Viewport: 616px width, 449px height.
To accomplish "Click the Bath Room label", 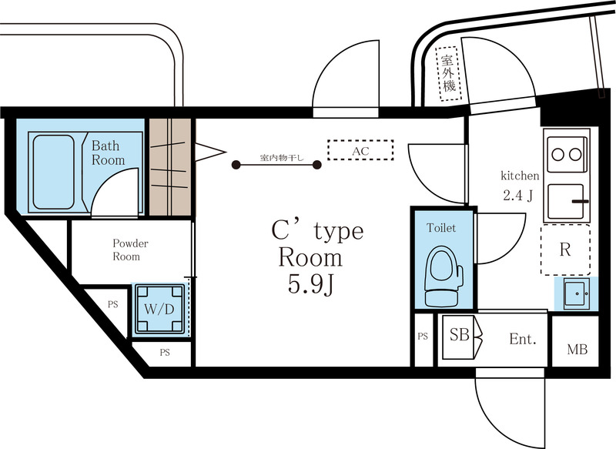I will pos(108,152).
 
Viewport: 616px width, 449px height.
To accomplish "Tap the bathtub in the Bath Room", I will pos(52,171).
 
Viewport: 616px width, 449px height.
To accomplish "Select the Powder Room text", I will pos(130,250).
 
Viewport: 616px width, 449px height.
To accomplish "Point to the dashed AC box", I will pos(360,150).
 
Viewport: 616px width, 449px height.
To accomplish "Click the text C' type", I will pos(316,231).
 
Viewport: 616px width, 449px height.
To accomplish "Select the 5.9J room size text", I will pos(310,285).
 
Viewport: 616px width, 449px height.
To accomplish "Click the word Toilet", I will pos(441,228).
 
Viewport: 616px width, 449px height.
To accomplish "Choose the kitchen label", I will pos(520,176).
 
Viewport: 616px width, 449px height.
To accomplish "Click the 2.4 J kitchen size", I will pos(518,195).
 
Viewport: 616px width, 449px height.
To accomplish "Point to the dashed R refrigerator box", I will pos(565,250).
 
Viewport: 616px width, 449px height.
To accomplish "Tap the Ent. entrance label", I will pos(522,338).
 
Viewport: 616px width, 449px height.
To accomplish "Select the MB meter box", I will pos(577,349).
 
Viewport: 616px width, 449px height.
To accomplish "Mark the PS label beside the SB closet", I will pos(423,336).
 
